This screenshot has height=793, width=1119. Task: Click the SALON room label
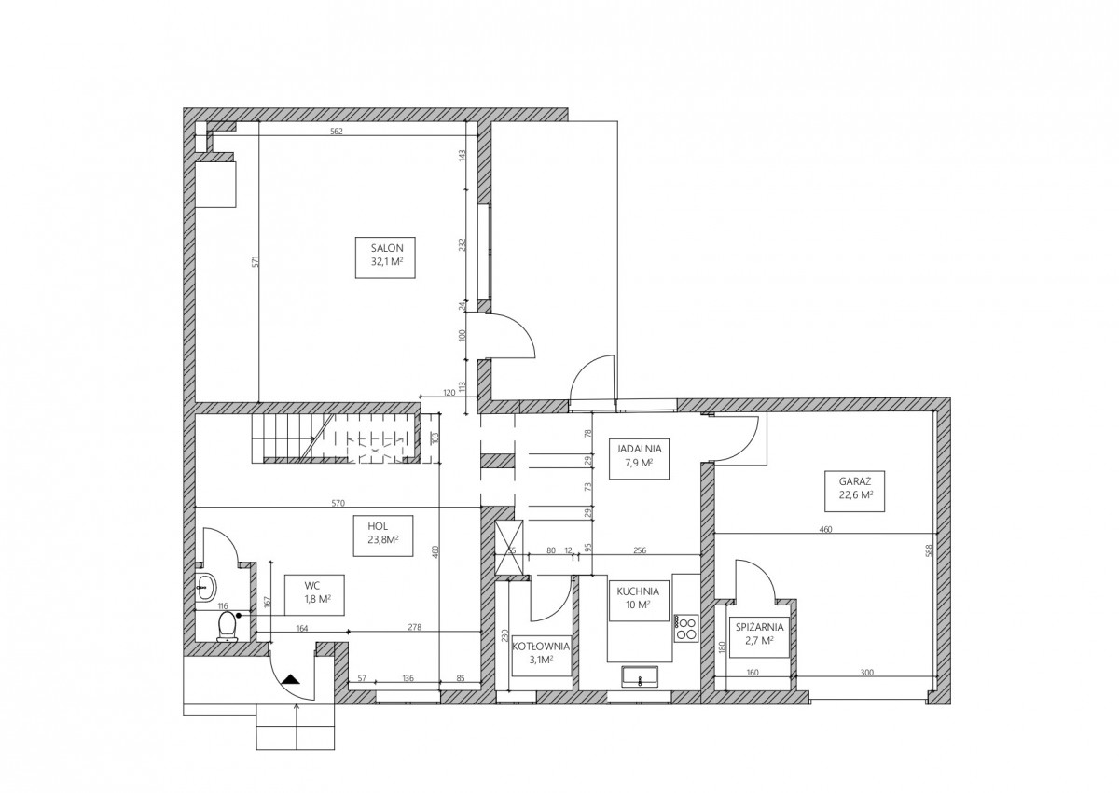[385, 257]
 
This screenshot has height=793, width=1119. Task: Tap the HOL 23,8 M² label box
[383, 536]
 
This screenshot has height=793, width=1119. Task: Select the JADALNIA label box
[639, 459]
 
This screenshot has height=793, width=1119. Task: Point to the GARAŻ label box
[855, 491]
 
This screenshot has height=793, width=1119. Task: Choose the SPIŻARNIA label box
[759, 636]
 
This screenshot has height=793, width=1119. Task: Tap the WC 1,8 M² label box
[314, 595]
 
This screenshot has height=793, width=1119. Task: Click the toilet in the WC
[228, 627]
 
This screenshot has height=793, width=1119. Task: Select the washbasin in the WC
[206, 587]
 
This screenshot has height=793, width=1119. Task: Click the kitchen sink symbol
[640, 677]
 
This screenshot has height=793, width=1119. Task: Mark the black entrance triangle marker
[290, 679]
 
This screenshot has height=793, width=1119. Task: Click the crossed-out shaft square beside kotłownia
[508, 547]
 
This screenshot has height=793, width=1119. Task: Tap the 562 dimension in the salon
[337, 132]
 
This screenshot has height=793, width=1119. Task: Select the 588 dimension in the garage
[929, 550]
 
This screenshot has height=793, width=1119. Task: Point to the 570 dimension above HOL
[338, 503]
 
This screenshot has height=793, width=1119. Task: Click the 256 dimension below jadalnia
[640, 550]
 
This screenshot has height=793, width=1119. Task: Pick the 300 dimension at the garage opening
[867, 673]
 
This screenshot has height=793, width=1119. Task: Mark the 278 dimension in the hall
[415, 627]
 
